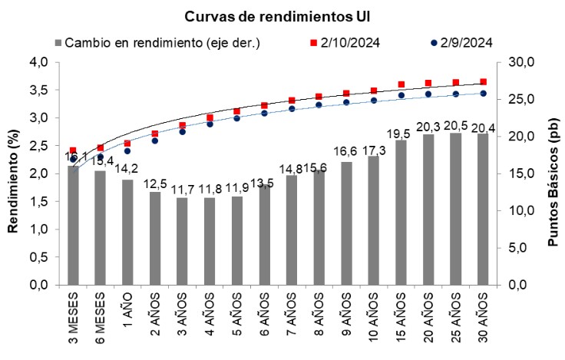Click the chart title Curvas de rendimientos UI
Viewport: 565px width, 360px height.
click(282, 15)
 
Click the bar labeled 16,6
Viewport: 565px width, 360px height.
click(346, 223)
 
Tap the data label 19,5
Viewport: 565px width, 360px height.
click(401, 133)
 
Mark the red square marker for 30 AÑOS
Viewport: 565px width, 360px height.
click(483, 81)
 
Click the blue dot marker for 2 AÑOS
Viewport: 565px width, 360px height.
click(155, 141)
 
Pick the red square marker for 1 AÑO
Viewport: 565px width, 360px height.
click(127, 144)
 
